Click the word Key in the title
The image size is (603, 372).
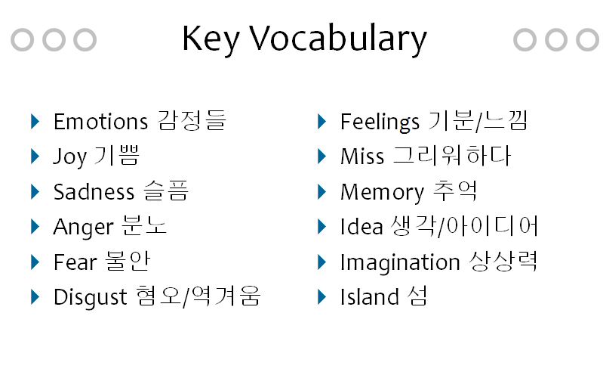[x=211, y=39]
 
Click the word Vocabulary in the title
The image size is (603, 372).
[x=338, y=39]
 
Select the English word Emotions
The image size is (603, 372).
[x=100, y=122]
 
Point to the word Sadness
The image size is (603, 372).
[x=94, y=191]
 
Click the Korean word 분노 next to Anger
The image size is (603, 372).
[x=144, y=226]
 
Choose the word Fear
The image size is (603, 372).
[x=75, y=262]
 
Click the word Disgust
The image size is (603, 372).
[x=90, y=298]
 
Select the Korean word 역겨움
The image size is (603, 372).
[x=226, y=296]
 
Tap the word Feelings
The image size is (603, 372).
[x=380, y=122]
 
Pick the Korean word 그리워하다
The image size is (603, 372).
[x=452, y=156]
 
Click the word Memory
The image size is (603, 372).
[x=382, y=192]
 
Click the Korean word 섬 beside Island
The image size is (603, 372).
[x=417, y=296]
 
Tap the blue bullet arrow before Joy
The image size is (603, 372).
[x=35, y=157]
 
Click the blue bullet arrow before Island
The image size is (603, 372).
[x=322, y=297]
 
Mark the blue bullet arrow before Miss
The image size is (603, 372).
[x=322, y=157]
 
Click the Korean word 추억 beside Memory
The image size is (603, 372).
[x=455, y=191]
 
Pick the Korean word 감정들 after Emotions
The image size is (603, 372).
[x=192, y=121]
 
